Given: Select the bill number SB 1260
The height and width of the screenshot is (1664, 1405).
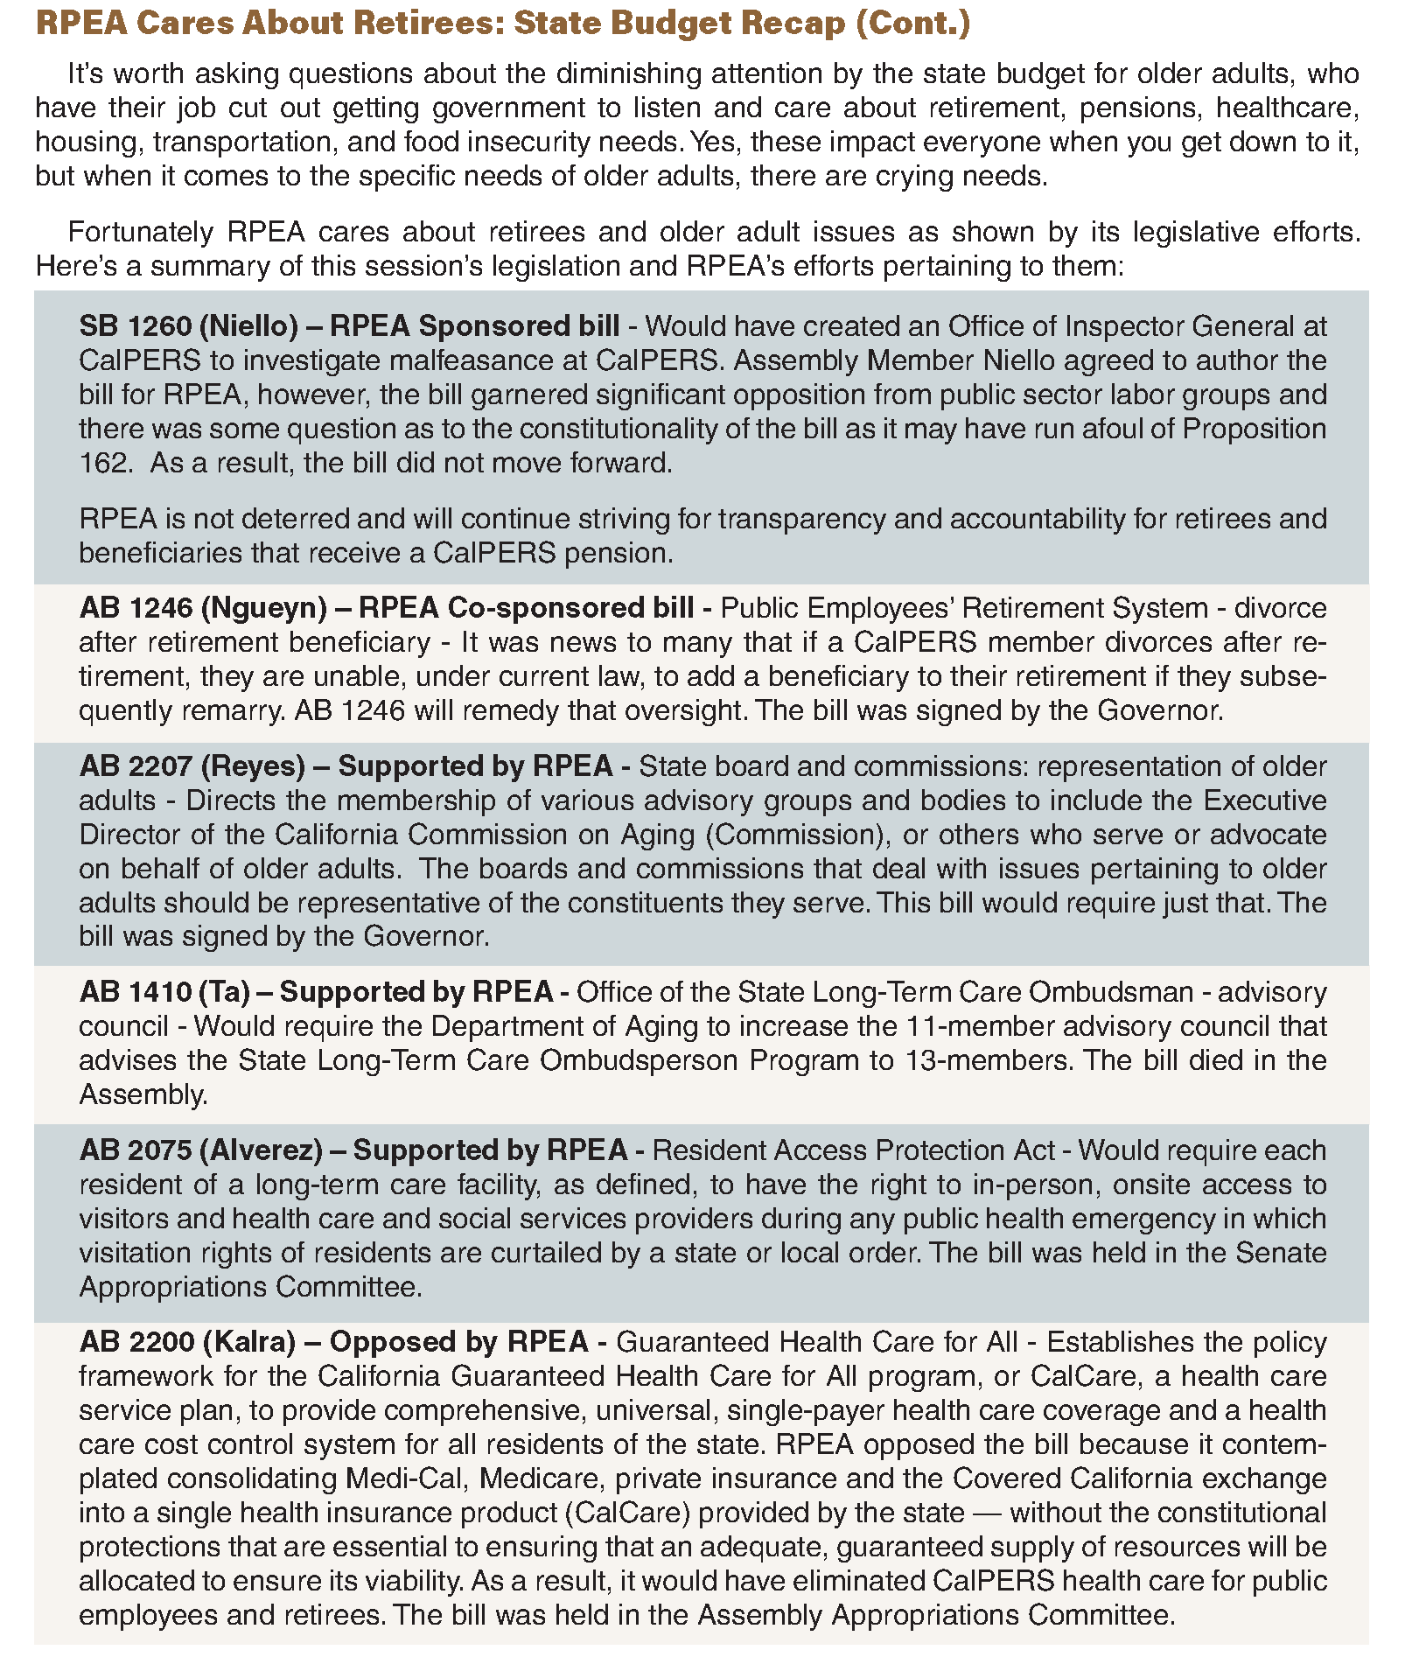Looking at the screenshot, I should click(x=134, y=326).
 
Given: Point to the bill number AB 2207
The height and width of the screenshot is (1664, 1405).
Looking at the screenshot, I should click(x=136, y=766).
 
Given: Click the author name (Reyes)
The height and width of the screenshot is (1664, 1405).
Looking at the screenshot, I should click(x=253, y=766).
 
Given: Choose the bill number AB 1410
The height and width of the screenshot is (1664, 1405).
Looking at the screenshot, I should click(x=135, y=992).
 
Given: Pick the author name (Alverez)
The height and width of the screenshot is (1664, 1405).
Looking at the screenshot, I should click(x=272, y=1150).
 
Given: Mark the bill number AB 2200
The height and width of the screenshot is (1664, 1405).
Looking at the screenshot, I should click(x=136, y=1342).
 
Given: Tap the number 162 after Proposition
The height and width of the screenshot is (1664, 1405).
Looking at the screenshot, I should click(x=103, y=464).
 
